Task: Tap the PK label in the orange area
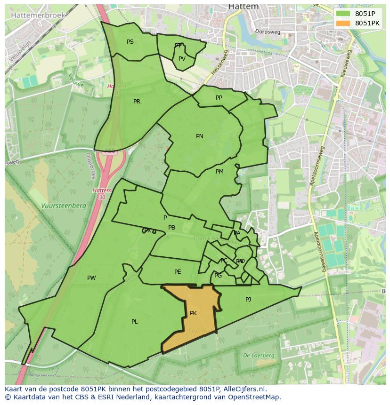tap(193, 313)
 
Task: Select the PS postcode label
tap(130, 42)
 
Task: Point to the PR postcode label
tap(137, 102)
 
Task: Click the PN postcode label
tap(200, 136)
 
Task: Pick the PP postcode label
tap(219, 98)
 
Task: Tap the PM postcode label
tap(219, 172)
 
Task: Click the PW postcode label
tap(91, 278)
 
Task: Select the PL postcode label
tap(135, 322)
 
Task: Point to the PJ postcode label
tap(248, 299)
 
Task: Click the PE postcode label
tap(178, 272)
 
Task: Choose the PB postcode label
tap(171, 228)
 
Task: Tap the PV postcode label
tap(182, 59)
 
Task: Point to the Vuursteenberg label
tap(64, 206)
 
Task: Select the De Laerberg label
tap(259, 356)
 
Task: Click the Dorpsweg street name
tap(268, 32)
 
